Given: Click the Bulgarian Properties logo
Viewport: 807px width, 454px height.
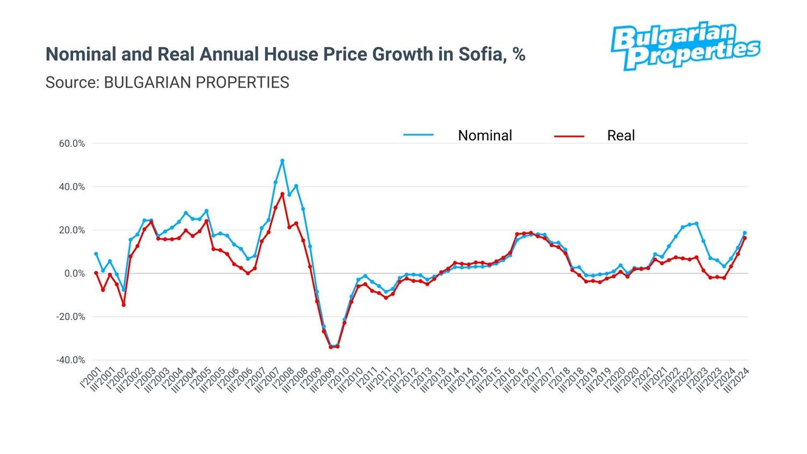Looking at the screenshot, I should point(685,46).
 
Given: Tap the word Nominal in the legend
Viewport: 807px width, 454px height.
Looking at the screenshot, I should point(485,136).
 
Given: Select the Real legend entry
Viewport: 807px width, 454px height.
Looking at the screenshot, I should point(621,136).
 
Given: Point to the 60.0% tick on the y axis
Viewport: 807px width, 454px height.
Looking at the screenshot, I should point(72,144).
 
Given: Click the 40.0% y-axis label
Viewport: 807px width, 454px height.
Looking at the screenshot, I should point(72,187).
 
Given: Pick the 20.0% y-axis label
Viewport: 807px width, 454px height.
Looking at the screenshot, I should point(72,230).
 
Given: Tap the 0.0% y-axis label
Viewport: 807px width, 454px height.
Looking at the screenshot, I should point(74,274).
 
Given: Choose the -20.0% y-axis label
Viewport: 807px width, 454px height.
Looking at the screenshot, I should point(70,317).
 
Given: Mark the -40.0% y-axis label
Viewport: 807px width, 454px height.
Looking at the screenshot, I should point(70,360).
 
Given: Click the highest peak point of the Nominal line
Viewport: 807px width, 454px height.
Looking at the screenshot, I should point(282,161).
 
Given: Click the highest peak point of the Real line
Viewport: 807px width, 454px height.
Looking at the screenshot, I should point(282,194).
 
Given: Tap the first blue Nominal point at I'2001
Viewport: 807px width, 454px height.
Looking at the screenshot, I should point(96,254).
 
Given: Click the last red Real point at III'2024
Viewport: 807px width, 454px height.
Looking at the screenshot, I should point(745,238).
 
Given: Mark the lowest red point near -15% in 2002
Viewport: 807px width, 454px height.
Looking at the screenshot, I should point(124,305).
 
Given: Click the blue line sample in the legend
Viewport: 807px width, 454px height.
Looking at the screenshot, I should point(419,135).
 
